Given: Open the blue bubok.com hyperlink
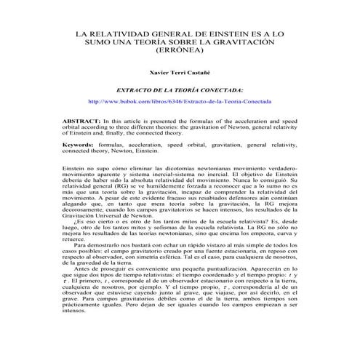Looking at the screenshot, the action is (179, 102).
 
